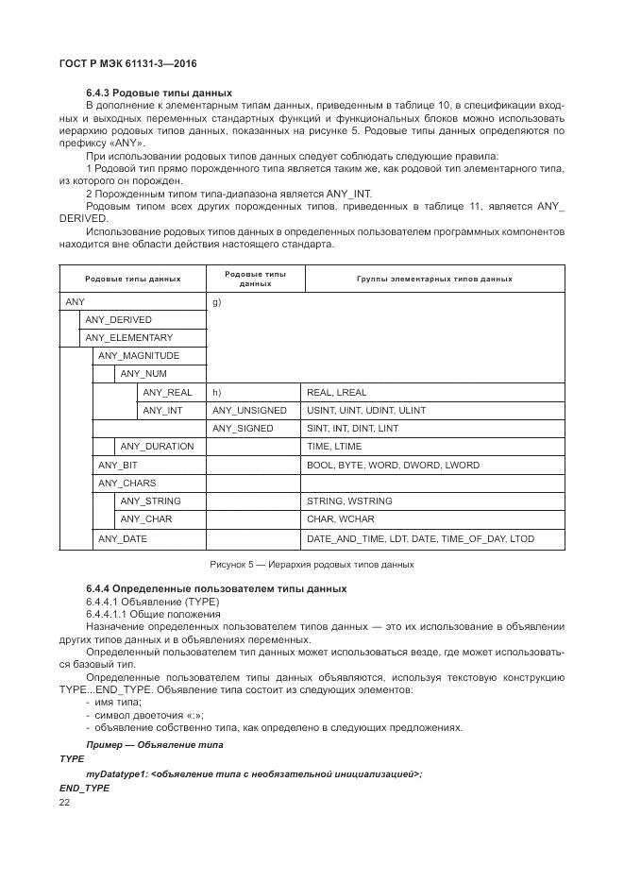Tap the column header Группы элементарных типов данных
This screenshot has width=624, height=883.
tap(434, 279)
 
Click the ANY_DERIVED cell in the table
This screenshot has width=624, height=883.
tap(118, 320)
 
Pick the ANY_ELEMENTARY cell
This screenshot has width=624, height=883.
tap(128, 338)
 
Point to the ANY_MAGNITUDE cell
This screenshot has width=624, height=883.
tap(138, 356)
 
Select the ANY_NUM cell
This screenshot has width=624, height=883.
tap(143, 374)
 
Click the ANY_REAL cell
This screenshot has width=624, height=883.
tap(167, 392)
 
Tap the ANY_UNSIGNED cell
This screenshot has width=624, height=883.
tap(248, 411)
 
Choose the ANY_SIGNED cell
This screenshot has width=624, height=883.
tap(243, 429)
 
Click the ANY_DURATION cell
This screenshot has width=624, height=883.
tap(157, 447)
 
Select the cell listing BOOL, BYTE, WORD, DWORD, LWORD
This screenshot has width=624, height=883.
tap(393, 466)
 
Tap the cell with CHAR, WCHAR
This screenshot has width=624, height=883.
tap(341, 519)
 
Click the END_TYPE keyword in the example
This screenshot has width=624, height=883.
tap(84, 787)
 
